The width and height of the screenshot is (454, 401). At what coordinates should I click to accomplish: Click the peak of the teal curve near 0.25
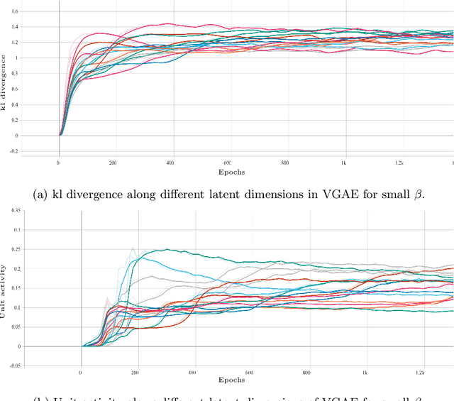click(167, 249)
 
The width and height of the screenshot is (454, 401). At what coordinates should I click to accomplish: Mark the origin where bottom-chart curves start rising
click(82, 346)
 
